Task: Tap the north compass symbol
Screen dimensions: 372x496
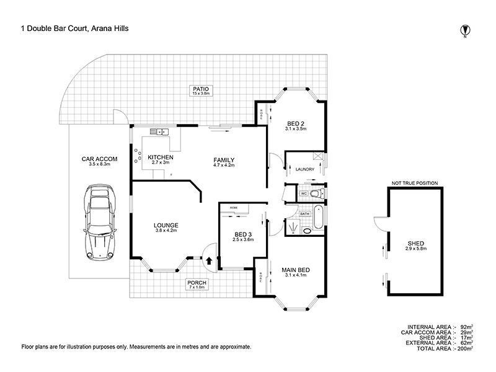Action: tap(464, 29)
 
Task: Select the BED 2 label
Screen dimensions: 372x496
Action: tap(295, 122)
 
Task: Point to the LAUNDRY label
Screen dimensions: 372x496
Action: tap(305, 169)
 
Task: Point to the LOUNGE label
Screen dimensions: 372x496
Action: tap(166, 225)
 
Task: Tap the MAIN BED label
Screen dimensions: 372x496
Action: tap(296, 270)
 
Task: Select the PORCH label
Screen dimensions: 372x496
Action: tap(197, 283)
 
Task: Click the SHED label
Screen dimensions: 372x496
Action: tap(416, 242)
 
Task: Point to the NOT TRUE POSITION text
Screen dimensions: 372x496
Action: tap(414, 184)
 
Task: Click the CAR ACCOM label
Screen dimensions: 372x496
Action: tap(95, 159)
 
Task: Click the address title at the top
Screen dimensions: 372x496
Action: tap(75, 27)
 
